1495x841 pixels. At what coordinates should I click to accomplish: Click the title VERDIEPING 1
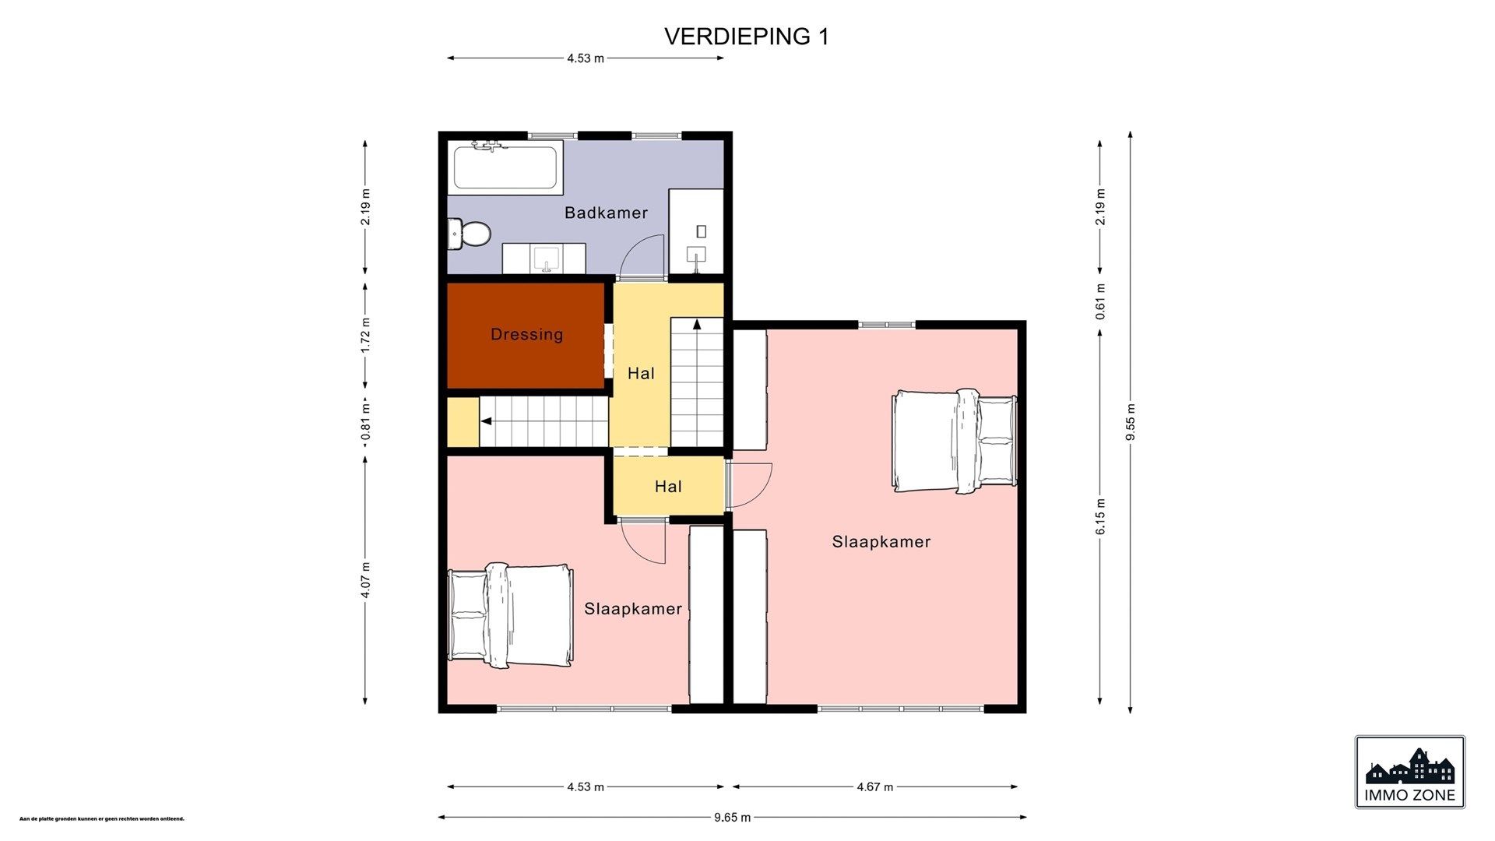[746, 37]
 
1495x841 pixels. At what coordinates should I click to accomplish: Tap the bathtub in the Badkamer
[505, 167]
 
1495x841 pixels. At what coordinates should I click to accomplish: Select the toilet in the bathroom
[470, 234]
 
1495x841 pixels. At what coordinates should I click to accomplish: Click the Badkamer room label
[606, 213]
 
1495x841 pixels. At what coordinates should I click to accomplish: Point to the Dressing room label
[526, 334]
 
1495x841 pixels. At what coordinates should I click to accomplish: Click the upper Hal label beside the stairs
[641, 373]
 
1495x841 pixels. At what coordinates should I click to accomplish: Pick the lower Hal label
[668, 487]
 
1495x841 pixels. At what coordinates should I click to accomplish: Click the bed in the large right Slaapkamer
[954, 441]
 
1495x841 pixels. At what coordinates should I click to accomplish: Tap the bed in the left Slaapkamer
[512, 614]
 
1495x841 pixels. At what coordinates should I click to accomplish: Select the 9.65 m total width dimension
[732, 817]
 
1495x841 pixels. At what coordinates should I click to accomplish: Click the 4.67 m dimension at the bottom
[874, 786]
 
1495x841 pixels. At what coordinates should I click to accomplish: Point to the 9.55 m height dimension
[1131, 421]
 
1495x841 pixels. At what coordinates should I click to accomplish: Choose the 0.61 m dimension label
[1100, 301]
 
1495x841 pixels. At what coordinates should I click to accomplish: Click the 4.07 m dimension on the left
[365, 579]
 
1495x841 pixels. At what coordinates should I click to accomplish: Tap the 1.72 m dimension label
[365, 335]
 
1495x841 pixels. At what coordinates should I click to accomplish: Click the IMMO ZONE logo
[1409, 772]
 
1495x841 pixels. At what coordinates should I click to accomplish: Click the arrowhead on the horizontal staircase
[486, 421]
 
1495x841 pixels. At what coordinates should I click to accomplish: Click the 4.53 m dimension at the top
[586, 58]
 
